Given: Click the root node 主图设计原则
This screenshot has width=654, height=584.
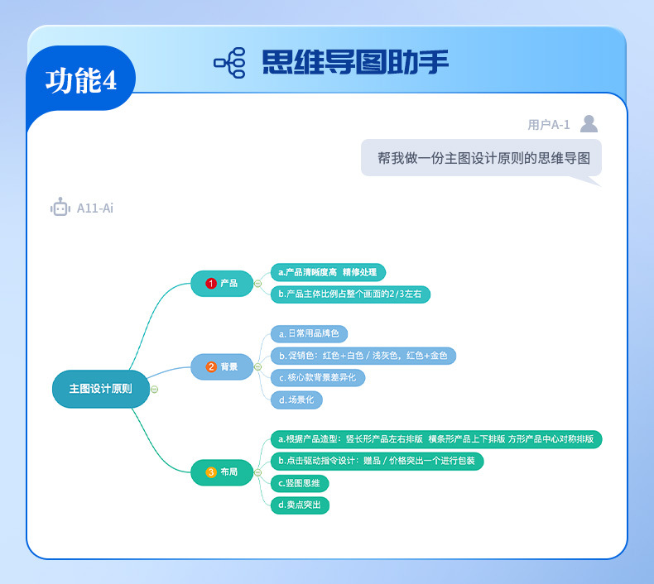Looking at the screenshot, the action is [100, 389].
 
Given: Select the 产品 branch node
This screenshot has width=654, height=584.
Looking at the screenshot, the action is [222, 283].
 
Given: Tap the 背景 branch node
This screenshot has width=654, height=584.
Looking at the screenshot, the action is [222, 366].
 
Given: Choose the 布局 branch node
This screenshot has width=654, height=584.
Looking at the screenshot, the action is [222, 472].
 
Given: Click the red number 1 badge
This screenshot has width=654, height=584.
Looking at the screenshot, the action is [211, 283].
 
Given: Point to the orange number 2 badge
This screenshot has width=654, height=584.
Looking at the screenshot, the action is [211, 366].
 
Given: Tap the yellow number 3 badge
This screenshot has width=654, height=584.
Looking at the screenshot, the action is [211, 472].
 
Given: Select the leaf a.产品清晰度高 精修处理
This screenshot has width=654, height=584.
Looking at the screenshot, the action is [328, 272].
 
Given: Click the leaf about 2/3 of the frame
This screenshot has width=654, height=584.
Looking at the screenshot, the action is [350, 294].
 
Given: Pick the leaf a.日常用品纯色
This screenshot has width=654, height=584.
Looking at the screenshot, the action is [309, 333].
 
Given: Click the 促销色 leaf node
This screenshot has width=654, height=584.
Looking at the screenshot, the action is [363, 356].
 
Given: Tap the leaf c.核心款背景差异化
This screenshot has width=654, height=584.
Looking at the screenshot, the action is [317, 377].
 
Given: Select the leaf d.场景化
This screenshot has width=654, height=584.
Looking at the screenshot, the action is [296, 400].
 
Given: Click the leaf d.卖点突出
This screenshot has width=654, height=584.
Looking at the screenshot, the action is [300, 505].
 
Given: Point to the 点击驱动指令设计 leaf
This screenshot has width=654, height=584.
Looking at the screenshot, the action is [377, 461].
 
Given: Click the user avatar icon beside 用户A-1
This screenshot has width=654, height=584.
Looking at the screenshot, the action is [589, 124].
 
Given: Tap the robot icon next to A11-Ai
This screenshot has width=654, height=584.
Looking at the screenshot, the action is [60, 208].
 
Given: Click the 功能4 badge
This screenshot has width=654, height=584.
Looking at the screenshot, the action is [80, 80].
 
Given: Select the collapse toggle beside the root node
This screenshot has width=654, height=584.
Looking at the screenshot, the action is [155, 389].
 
